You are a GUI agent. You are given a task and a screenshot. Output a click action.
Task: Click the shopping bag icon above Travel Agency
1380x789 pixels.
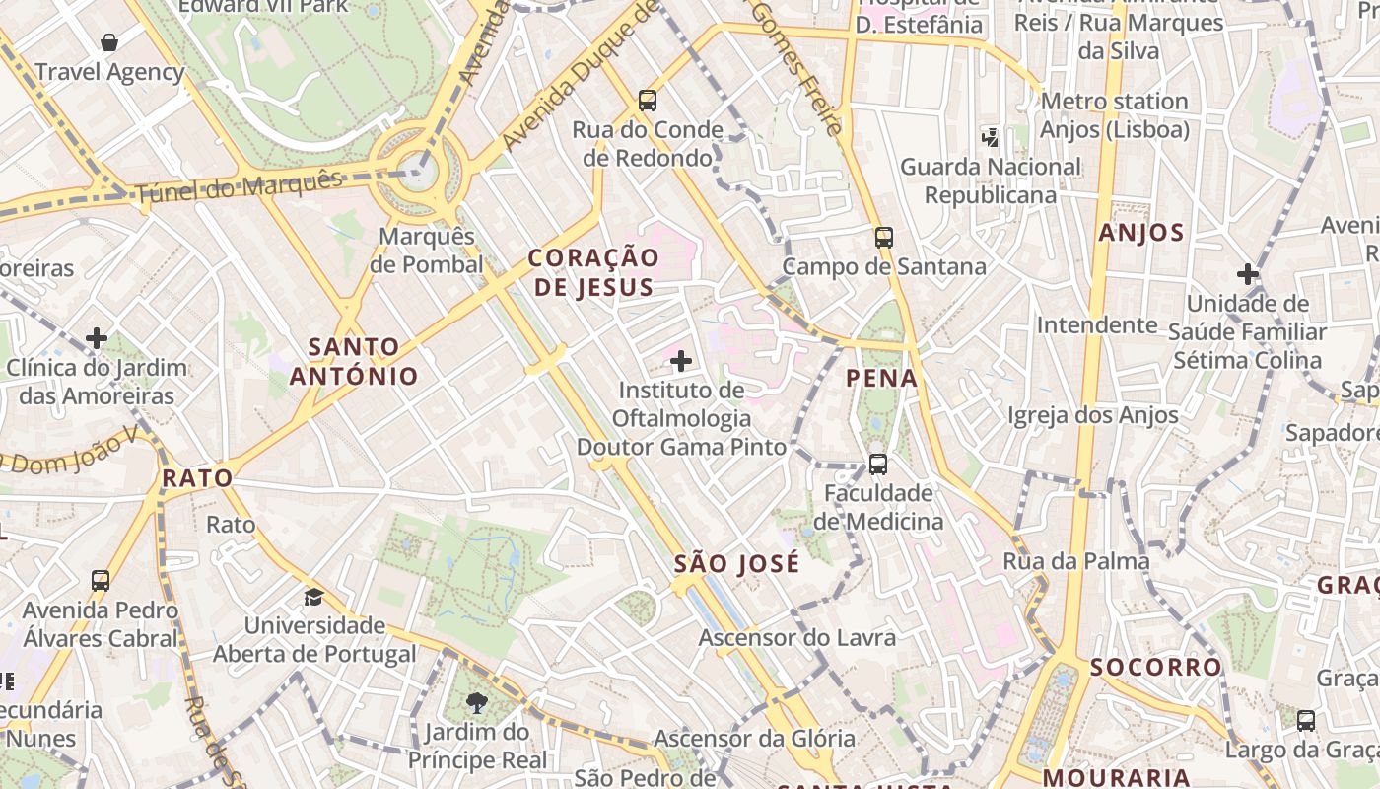pyautogui.click(x=108, y=42)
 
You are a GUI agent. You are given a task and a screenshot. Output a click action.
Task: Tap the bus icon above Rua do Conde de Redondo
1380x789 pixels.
pyautogui.click(x=647, y=100)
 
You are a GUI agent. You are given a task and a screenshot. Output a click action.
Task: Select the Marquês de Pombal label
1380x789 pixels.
pyautogui.click(x=428, y=251)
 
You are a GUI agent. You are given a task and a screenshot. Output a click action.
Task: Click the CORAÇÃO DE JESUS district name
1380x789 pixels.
pyautogui.click(x=593, y=272)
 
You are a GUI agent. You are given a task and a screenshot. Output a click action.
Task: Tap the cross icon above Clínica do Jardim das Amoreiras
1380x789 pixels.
pyautogui.click(x=97, y=338)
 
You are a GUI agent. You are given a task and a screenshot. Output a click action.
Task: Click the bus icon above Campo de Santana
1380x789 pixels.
pyautogui.click(x=883, y=237)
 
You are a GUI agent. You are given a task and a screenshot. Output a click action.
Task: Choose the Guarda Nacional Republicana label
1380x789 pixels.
pyautogui.click(x=991, y=180)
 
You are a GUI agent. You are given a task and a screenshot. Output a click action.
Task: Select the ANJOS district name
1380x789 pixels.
pyautogui.click(x=1140, y=233)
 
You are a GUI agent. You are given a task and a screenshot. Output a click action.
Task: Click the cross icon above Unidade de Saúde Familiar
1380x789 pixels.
pyautogui.click(x=1248, y=274)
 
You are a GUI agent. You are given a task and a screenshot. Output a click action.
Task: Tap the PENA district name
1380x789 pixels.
pyautogui.click(x=882, y=378)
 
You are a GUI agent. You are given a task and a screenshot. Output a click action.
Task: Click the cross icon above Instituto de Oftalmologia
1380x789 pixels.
pyautogui.click(x=680, y=361)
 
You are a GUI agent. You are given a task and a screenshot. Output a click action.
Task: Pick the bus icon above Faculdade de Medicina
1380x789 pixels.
pyautogui.click(x=877, y=464)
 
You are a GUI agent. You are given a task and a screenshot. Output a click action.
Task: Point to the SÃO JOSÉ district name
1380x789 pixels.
pyautogui.click(x=737, y=564)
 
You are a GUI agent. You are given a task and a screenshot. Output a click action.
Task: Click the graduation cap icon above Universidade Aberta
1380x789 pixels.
pyautogui.click(x=313, y=597)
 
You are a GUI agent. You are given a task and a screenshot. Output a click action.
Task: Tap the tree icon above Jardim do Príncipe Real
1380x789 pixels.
pyautogui.click(x=477, y=702)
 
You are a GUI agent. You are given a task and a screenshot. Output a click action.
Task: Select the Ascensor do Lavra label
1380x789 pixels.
pyautogui.click(x=797, y=637)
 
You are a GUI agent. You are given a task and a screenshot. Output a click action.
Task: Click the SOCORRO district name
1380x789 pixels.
pyautogui.click(x=1156, y=667)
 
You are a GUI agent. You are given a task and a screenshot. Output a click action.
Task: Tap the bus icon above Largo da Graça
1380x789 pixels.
pyautogui.click(x=1306, y=720)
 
